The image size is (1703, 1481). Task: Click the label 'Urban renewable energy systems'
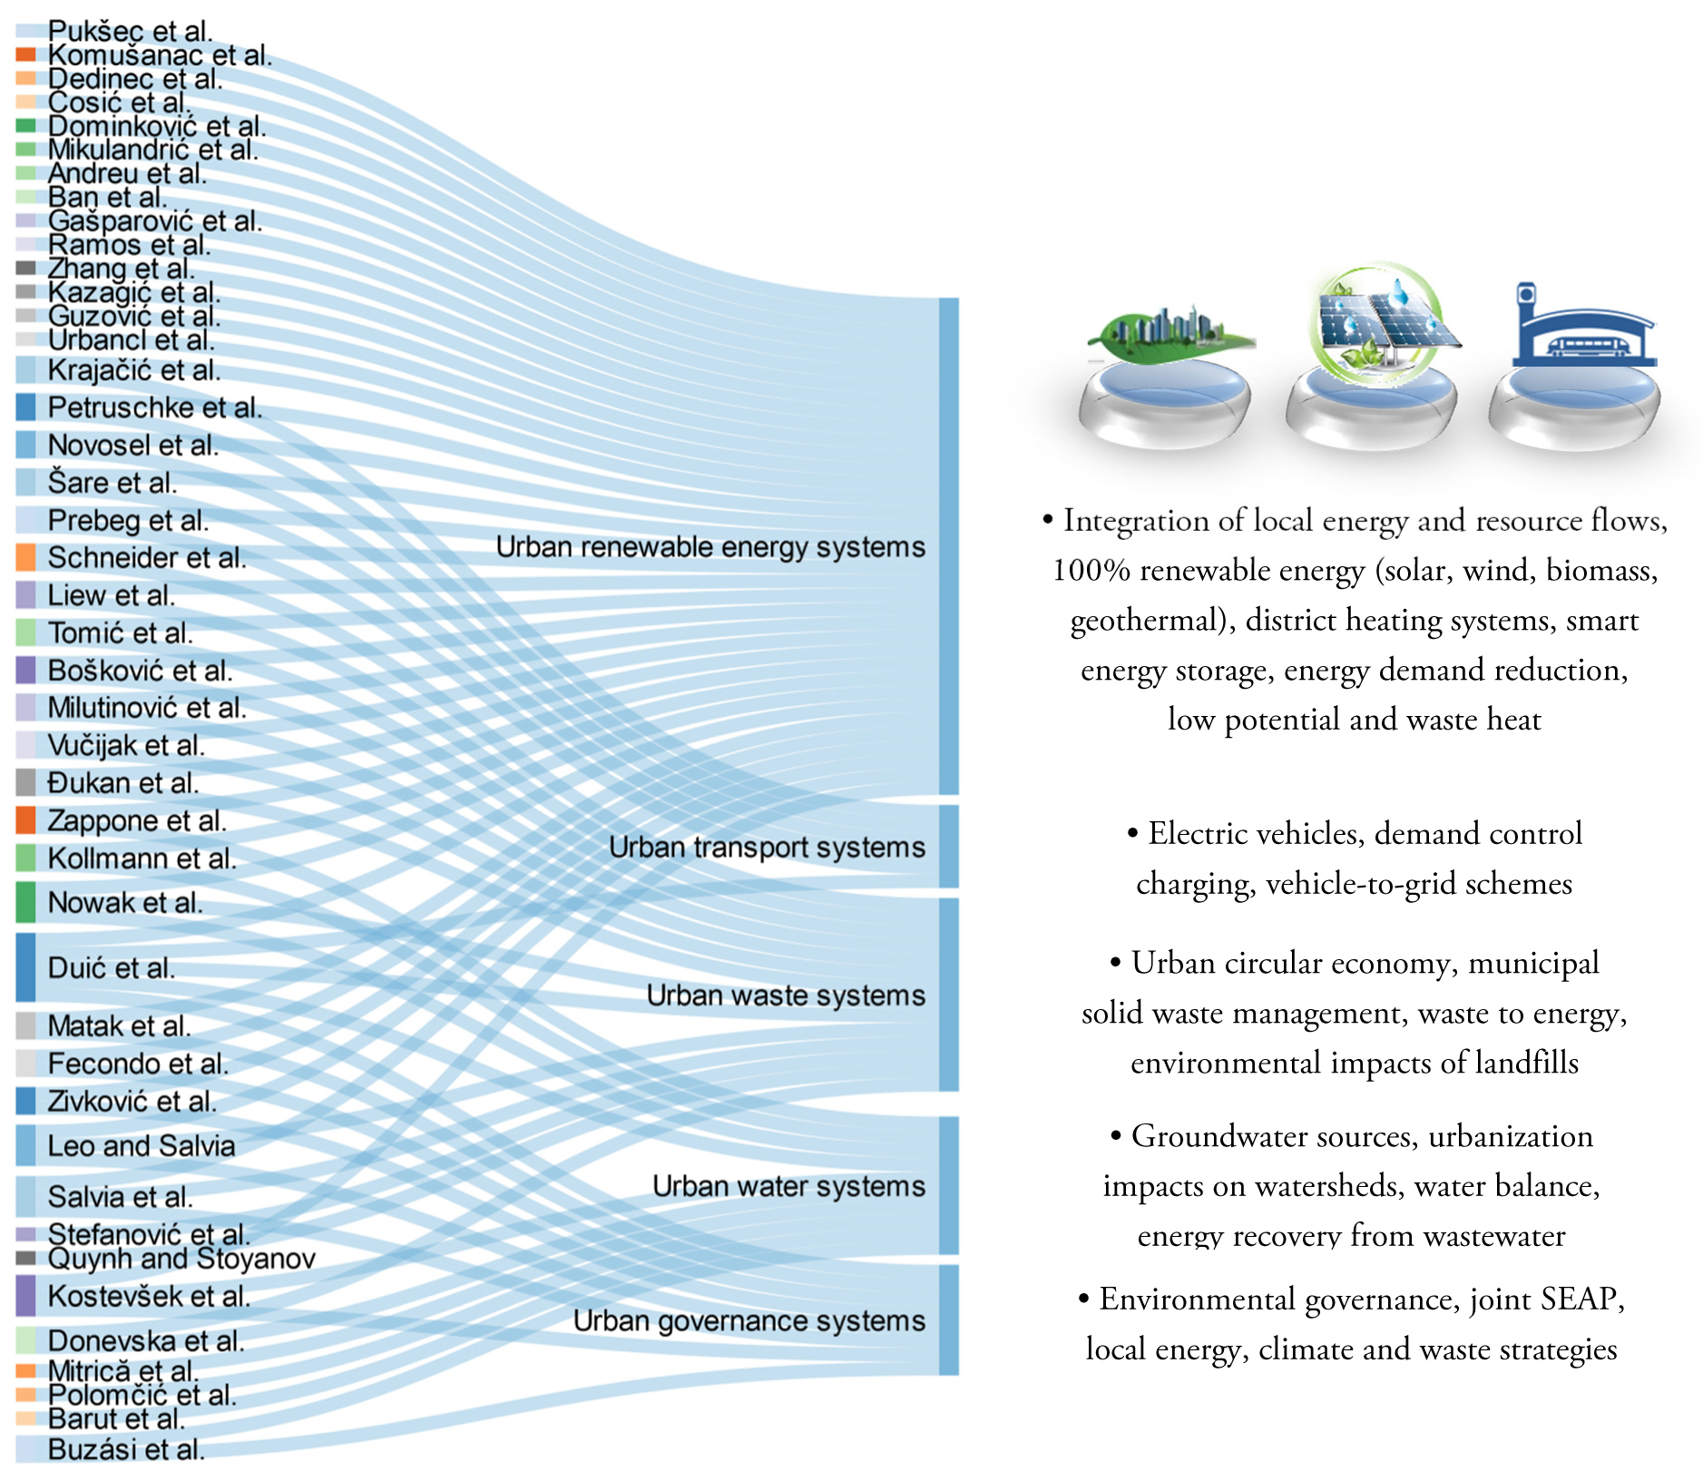point(710,547)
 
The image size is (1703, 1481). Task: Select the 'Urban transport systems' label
point(767,848)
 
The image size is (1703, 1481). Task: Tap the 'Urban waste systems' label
point(786,996)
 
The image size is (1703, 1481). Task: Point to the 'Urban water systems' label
point(788,1186)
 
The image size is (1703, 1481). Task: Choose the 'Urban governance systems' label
point(749,1321)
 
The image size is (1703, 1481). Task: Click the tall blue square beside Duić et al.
point(26,967)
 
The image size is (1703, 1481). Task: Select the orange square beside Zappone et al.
point(26,820)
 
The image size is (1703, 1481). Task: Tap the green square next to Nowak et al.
point(26,902)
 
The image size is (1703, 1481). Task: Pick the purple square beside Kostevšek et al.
point(26,1296)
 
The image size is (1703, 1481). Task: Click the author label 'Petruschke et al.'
point(154,408)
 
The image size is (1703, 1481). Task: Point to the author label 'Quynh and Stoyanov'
point(181,1259)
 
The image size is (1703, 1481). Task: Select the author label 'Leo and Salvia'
point(141,1146)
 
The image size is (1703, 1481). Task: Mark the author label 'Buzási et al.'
point(126,1450)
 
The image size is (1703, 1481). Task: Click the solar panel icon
point(1378,319)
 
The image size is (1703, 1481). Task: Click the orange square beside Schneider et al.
point(26,557)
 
